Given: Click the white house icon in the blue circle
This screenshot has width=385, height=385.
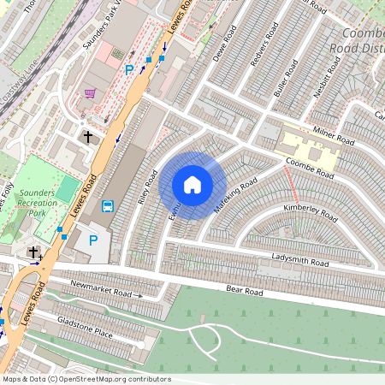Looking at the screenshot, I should (192, 185).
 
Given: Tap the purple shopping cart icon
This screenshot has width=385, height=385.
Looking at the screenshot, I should (90, 94).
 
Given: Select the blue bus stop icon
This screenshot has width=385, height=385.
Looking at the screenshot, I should (109, 205).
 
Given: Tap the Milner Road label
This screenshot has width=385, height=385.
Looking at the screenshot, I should (333, 139).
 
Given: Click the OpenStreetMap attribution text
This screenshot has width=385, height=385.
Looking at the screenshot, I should (86, 379).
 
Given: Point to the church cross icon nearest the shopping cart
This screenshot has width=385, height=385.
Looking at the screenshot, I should (87, 136).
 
